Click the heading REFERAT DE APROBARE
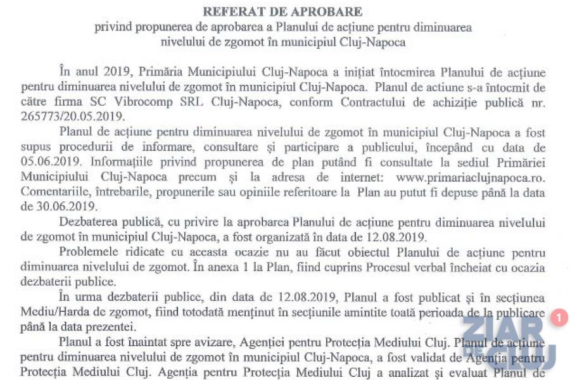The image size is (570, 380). point(282,12)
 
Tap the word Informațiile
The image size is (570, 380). point(124,161)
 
